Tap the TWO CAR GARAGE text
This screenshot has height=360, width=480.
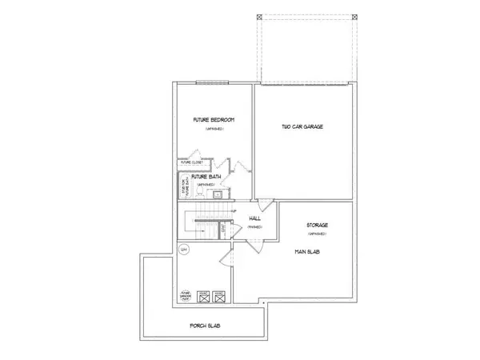(302, 126)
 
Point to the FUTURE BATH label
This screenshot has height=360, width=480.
(206, 176)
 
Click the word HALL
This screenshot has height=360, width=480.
(255, 218)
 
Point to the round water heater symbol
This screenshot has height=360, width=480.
(183, 250)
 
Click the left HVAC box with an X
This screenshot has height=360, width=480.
(203, 295)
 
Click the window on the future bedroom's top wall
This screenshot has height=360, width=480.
(206, 82)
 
